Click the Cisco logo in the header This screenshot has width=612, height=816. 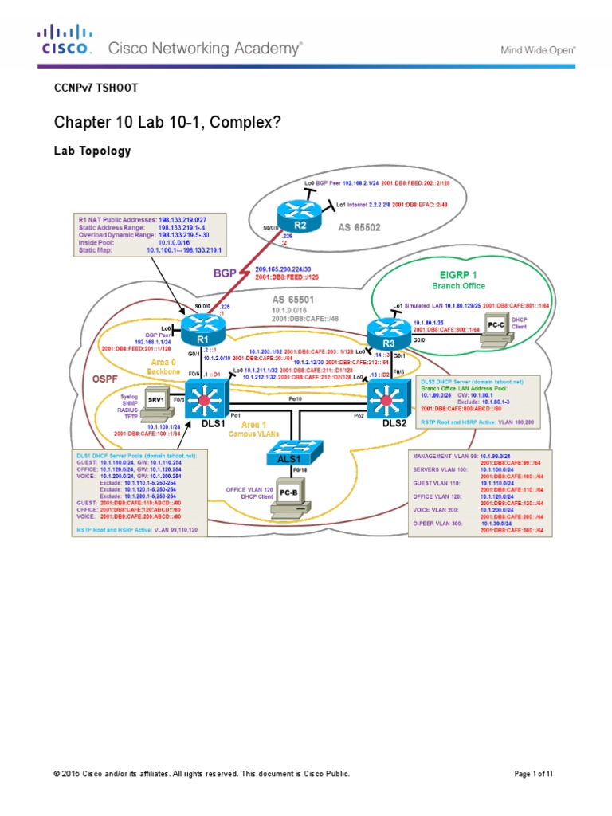[66, 40]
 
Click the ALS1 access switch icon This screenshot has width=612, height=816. [295, 452]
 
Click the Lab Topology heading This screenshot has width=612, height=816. [92, 150]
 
